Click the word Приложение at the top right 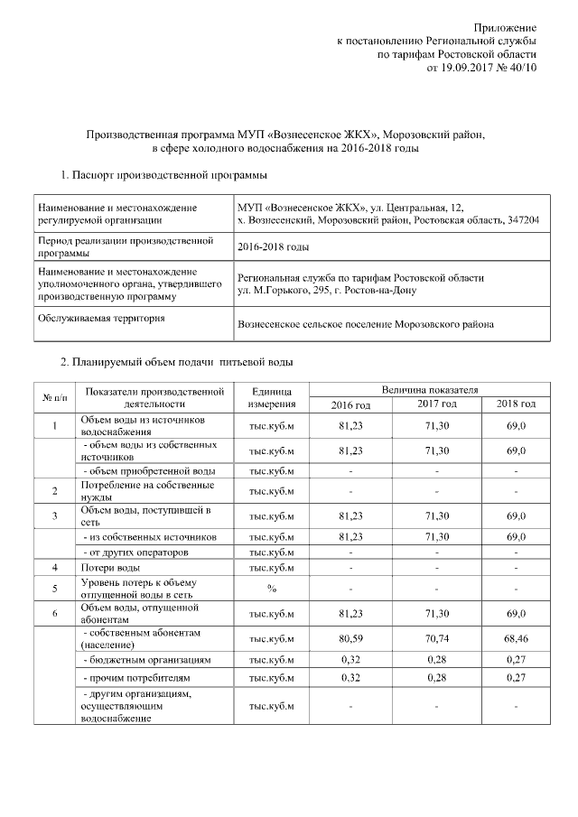[x=506, y=29]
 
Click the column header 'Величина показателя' [x=430, y=389]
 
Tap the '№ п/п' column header [x=54, y=396]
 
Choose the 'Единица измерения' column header [x=271, y=396]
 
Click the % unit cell [x=271, y=590]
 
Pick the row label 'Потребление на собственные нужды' [x=126, y=490]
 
